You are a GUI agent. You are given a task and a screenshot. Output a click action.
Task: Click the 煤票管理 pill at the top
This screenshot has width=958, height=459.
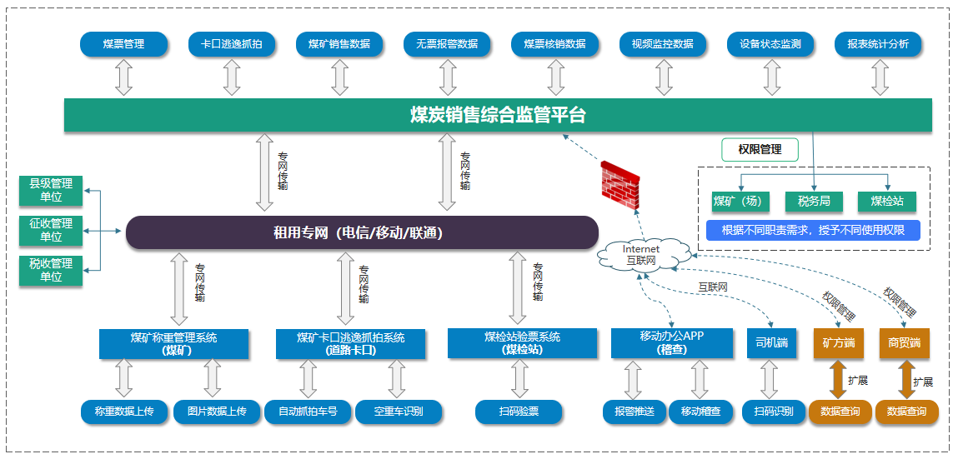123,44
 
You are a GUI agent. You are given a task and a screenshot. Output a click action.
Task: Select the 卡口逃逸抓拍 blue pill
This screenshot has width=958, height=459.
232,44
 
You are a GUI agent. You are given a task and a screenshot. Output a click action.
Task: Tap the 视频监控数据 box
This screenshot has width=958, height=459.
663,44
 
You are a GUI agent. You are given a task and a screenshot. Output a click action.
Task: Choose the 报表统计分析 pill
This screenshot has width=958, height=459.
878,44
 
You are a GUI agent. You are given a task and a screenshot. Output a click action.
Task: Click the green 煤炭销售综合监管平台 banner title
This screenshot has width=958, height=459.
498,115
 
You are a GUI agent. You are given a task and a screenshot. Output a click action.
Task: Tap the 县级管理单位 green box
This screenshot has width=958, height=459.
51,190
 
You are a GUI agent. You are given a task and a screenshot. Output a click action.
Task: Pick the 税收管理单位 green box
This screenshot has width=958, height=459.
51,270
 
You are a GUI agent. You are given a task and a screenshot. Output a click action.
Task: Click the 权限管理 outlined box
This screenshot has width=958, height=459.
760,150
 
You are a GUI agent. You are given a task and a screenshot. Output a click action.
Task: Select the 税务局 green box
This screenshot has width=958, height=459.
814,201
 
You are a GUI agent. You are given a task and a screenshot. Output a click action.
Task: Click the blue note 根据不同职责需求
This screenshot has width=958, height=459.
813,230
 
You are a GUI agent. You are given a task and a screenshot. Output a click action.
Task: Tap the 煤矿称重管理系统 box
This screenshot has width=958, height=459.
173,344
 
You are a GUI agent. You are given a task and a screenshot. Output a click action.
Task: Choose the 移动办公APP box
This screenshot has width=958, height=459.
671,342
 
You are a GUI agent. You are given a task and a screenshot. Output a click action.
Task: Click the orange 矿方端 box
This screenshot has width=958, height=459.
838,342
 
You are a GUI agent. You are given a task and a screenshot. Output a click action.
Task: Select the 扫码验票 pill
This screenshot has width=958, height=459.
519,412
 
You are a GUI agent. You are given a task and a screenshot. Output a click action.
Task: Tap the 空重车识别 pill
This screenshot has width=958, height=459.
399,412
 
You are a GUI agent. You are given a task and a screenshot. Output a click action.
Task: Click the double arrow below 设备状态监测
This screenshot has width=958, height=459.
772,77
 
